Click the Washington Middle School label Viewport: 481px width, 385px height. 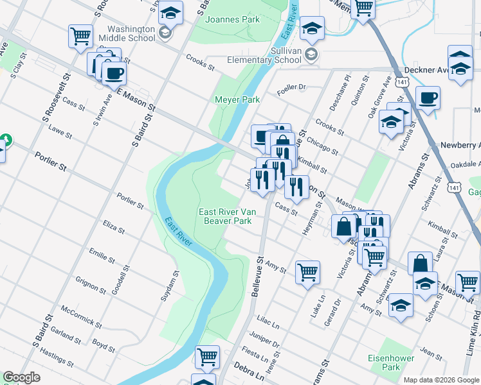point(131,33)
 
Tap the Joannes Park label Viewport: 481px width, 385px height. point(232,19)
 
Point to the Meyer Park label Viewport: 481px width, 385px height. point(237,99)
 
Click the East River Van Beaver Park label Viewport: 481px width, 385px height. point(224,216)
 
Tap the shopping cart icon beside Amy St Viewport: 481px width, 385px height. point(307,271)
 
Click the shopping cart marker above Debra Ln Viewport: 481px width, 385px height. point(207,357)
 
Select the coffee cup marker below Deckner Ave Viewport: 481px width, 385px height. point(428,99)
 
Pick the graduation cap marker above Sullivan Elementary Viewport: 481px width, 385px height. point(312,28)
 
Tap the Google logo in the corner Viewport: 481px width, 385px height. point(21,377)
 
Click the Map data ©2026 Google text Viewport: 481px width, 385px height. point(441,380)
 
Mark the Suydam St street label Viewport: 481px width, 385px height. point(175,282)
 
